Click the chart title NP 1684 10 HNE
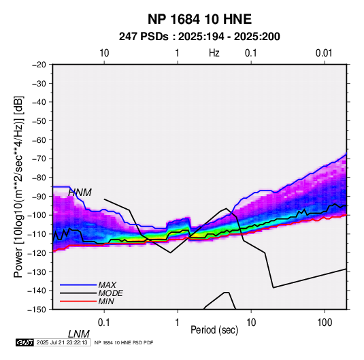tap(199, 19)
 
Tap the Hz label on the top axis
tap(214, 53)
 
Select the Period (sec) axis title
tap(214, 329)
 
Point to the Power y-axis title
tap(18, 186)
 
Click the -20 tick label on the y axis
tap(39, 65)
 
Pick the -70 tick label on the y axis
tap(39, 159)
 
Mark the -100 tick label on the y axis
tap(37, 215)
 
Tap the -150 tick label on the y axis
tap(37, 310)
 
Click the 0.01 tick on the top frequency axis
tap(324, 53)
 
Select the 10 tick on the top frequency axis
tap(104, 53)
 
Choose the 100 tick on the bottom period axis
tap(325, 323)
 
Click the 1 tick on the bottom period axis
tap(178, 323)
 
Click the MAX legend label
tap(107, 284)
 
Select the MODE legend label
tap(110, 293)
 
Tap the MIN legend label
tap(106, 301)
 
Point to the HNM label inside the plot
tap(80, 193)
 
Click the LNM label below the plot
tap(78, 334)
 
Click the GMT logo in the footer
tap(25, 342)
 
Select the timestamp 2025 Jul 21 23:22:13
tap(62, 342)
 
